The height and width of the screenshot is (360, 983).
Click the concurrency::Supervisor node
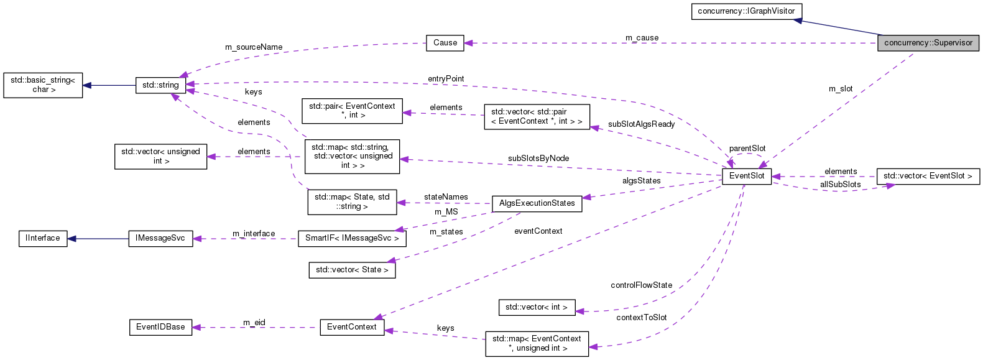click(x=928, y=43)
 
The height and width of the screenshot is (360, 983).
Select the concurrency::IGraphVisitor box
click(x=746, y=11)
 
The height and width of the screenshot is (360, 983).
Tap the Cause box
click(x=445, y=43)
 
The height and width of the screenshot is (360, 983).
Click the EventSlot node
click(x=747, y=176)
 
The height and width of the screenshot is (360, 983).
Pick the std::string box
click(x=160, y=85)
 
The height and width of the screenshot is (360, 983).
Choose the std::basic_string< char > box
click(x=43, y=85)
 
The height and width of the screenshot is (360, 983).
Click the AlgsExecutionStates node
click(x=537, y=203)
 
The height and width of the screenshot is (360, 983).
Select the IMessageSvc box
click(x=160, y=238)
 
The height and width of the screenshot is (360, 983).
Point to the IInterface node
click(x=43, y=238)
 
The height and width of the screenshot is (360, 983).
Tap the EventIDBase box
click(x=160, y=327)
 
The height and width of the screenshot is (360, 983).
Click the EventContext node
click(x=352, y=327)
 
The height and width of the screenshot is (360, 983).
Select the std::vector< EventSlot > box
click(x=928, y=176)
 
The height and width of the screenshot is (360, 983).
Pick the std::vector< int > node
click(x=536, y=307)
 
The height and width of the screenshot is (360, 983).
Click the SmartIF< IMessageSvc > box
click(x=352, y=238)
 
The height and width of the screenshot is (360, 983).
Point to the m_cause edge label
click(x=642, y=38)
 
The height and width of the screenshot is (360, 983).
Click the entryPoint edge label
click(x=446, y=79)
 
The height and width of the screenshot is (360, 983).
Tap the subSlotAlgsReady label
click(x=641, y=124)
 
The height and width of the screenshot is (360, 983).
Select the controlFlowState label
click(x=641, y=285)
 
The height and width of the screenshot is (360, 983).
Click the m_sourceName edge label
click(x=254, y=47)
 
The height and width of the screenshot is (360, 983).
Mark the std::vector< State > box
click(x=352, y=270)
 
